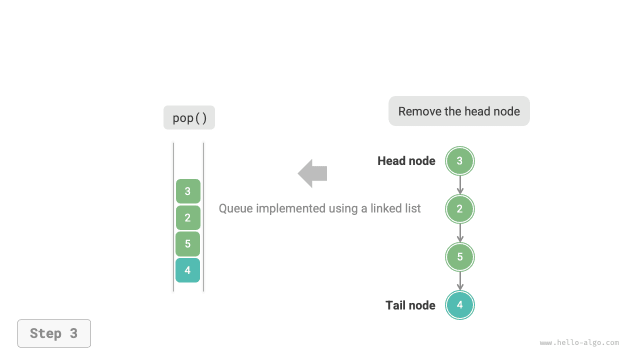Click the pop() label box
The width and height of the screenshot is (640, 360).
[189, 117]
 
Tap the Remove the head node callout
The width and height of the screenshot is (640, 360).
[458, 111]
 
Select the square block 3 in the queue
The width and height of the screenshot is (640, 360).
[188, 191]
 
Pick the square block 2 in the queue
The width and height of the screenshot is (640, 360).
[188, 217]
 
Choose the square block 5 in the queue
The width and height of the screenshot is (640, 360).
[188, 244]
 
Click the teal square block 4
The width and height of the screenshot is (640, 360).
[188, 270]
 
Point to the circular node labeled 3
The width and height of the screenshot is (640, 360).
[459, 161]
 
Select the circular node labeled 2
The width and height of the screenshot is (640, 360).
[459, 209]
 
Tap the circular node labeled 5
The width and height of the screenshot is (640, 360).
[459, 257]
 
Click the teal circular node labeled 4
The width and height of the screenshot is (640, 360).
[459, 305]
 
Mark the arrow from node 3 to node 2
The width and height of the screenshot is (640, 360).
[460, 185]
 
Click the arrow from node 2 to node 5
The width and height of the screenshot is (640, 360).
[460, 233]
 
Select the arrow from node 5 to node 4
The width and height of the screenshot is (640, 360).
[460, 281]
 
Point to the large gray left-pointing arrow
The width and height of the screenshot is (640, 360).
[312, 173]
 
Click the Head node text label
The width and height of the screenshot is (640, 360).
[406, 161]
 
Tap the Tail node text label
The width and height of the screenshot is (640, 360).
[410, 305]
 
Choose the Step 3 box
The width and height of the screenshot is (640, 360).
[54, 333]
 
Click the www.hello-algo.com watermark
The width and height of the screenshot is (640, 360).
[579, 343]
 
